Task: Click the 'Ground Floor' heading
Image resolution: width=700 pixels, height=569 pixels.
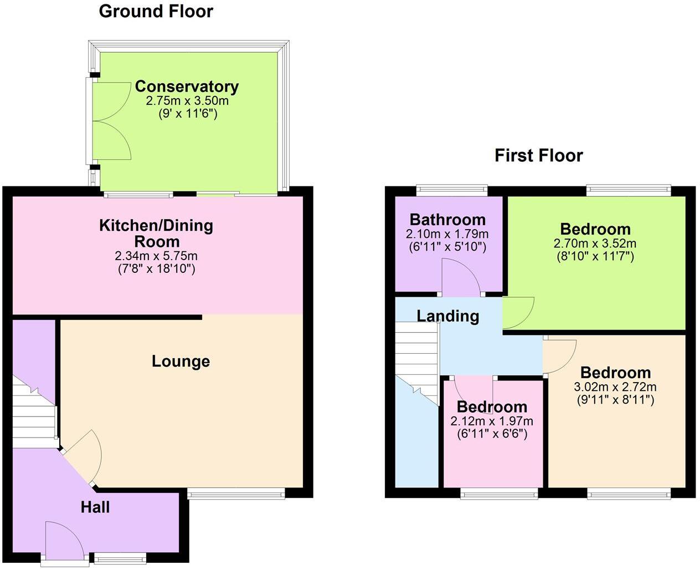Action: click(156, 11)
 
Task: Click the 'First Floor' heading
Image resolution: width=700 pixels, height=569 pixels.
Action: click(538, 155)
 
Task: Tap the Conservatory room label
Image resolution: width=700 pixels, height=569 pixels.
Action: click(187, 87)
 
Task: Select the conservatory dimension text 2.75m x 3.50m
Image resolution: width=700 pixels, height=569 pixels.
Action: click(187, 101)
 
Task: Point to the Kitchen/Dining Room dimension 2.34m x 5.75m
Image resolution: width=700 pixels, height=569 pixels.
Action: click(156, 256)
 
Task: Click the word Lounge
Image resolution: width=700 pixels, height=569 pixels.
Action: click(181, 362)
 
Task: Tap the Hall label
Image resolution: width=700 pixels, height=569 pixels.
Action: click(95, 507)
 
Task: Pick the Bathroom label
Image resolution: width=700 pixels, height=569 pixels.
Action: click(447, 220)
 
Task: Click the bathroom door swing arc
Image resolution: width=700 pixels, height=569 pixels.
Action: click(461, 277)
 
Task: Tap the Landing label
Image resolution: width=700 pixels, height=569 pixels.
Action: click(447, 316)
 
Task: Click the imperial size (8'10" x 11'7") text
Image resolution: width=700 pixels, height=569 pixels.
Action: click(595, 256)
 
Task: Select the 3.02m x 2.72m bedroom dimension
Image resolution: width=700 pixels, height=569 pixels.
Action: click(615, 387)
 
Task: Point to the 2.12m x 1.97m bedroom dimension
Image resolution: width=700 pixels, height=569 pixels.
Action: click(492, 421)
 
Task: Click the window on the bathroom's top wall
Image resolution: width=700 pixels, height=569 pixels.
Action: click(452, 191)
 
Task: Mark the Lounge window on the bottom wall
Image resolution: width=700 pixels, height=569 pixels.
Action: click(236, 494)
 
